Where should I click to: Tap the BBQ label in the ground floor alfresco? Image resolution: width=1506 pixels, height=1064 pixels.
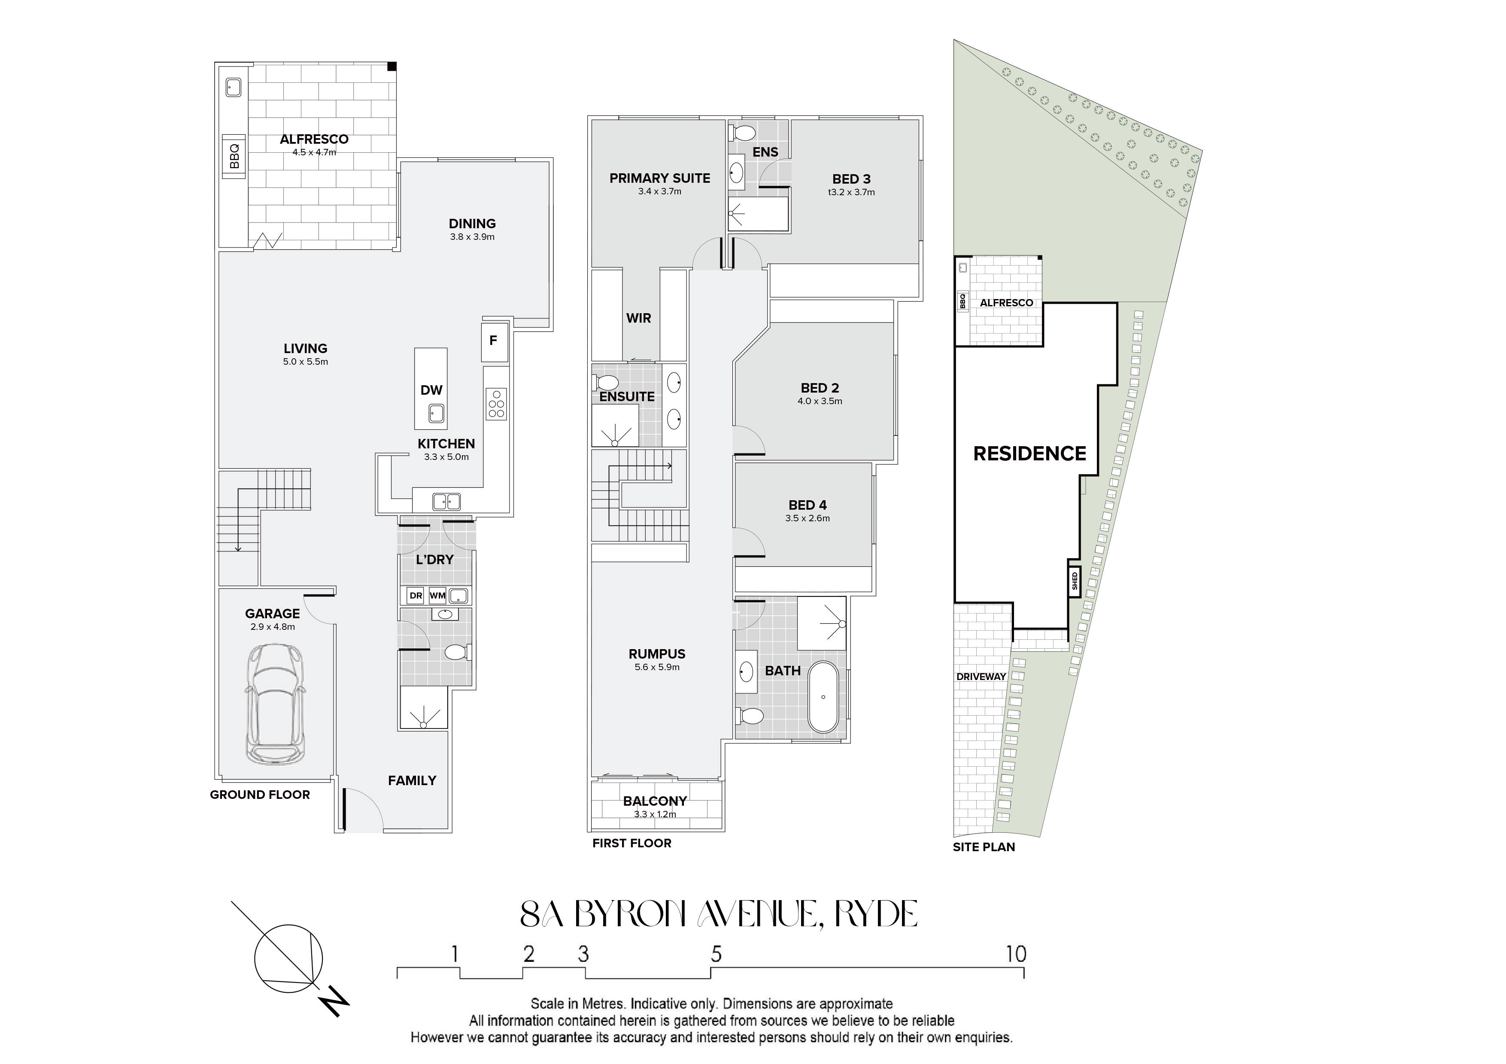tap(234, 157)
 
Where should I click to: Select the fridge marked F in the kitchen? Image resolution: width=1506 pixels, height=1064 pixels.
tap(494, 341)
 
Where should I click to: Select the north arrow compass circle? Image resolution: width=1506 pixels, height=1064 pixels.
tap(288, 958)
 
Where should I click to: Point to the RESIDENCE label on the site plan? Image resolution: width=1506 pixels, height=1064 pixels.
tap(1029, 453)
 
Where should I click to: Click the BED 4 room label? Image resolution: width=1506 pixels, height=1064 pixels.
tap(808, 505)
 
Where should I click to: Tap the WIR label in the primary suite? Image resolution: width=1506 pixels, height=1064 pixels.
tap(638, 318)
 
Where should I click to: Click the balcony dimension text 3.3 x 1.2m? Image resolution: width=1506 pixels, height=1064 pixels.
tap(655, 814)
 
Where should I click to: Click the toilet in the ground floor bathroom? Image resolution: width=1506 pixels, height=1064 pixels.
tap(456, 652)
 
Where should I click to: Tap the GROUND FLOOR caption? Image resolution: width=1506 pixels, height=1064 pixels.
tap(260, 795)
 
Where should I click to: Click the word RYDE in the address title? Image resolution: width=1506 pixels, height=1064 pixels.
tap(876, 914)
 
